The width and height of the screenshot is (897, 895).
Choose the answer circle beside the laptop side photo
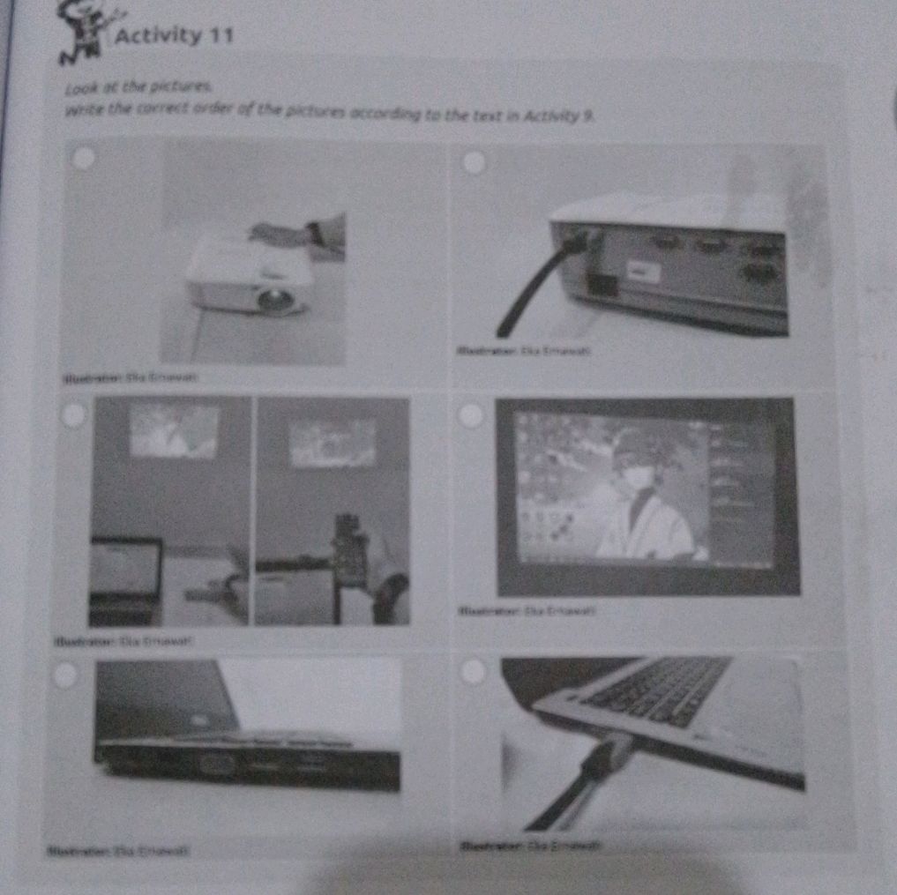(x=64, y=675)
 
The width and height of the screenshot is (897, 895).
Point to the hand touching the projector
(x=291, y=231)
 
